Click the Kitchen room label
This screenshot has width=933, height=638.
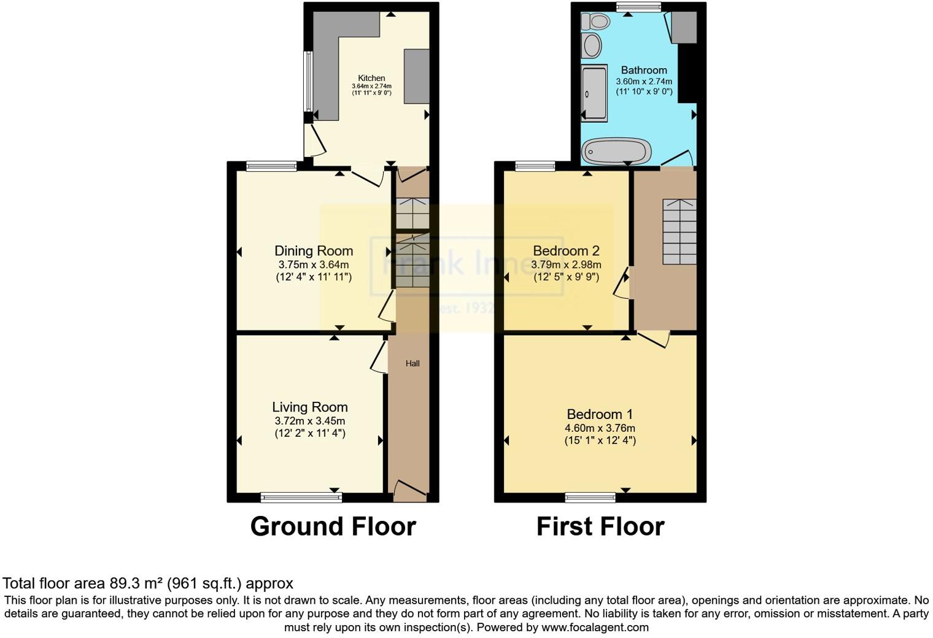371,78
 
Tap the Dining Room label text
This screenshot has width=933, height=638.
314,251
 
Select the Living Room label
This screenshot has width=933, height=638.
310,407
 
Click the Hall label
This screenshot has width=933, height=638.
412,364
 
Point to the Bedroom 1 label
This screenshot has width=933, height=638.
600,415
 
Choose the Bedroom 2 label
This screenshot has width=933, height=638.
566,251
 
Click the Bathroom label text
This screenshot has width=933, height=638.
644,70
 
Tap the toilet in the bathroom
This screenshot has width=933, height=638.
595,22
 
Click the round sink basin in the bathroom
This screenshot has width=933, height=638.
592,45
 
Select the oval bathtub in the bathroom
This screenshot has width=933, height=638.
616,151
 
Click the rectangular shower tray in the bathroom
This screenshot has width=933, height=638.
594,93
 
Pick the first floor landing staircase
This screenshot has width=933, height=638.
679,231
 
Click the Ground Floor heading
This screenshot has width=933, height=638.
333,526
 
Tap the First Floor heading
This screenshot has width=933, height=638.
600,526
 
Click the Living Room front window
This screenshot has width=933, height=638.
301,498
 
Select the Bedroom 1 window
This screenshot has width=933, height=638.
590,498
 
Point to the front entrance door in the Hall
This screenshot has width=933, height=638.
410,490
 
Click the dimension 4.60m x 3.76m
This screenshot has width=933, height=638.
600,428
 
